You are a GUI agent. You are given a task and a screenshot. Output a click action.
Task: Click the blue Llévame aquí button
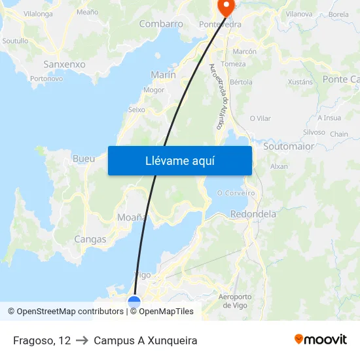180,160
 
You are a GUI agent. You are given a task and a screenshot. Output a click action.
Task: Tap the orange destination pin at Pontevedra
226,7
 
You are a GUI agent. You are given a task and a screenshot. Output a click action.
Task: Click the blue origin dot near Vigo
134,302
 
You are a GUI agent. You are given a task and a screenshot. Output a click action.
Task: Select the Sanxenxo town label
64,64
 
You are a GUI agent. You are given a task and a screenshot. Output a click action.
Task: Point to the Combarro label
161,24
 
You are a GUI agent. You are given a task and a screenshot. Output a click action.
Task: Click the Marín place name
163,75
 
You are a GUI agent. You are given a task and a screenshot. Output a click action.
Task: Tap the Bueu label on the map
84,158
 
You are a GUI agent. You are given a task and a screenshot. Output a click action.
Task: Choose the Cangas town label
90,239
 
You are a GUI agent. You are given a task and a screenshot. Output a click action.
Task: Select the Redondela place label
253,214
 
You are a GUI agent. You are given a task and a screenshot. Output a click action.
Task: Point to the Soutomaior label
288,147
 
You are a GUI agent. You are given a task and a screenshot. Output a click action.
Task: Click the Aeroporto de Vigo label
234,301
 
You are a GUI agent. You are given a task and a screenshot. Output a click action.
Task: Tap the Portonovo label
46,79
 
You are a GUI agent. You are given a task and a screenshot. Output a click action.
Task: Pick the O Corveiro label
236,193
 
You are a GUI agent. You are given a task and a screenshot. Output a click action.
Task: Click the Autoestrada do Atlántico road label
217,96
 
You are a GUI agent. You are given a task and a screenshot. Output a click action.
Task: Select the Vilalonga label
38,13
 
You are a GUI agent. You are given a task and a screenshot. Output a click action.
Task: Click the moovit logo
321,339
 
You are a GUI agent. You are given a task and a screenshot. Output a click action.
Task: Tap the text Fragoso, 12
42,340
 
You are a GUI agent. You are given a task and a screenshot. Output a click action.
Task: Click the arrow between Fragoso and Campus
82,340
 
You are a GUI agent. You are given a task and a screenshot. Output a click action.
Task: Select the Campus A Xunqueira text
145,340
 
